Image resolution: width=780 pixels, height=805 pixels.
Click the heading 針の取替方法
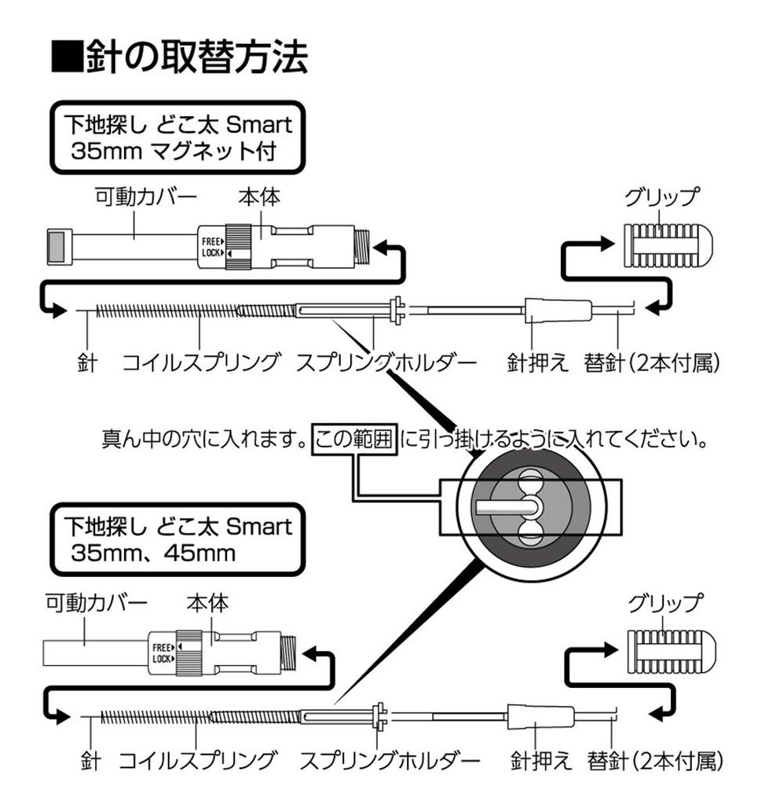tap(179, 57)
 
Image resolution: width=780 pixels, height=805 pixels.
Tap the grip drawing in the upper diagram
tap(666, 244)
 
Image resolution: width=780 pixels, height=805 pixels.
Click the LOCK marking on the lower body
tap(162, 659)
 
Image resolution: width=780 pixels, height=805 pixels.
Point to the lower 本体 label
tap(207, 604)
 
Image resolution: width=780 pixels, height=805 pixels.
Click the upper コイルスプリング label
tap(200, 363)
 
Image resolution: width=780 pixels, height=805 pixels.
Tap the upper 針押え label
tap(537, 363)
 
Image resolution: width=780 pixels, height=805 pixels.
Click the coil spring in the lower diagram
tap(196, 716)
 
